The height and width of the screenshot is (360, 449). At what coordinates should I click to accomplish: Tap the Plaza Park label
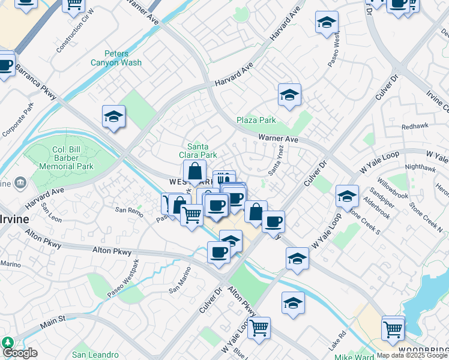(256, 121)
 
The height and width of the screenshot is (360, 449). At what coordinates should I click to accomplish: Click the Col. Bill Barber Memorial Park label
(66, 158)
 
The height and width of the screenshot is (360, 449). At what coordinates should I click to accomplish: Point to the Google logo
(19, 353)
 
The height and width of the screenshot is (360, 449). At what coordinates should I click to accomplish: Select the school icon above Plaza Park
(289, 95)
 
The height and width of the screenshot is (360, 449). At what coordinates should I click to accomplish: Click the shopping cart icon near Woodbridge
(393, 327)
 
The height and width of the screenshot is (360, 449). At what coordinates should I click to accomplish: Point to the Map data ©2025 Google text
(412, 355)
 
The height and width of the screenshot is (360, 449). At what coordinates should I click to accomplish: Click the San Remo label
(129, 210)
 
